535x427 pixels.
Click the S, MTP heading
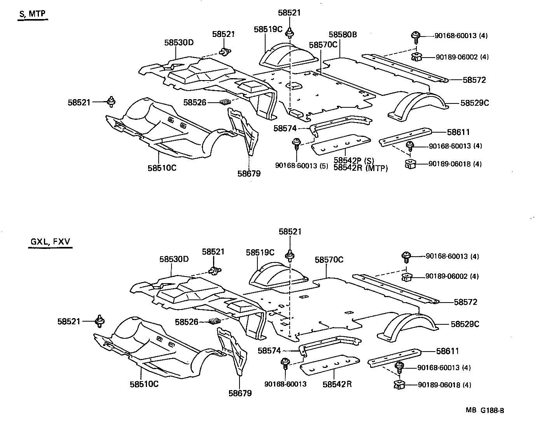(32, 14)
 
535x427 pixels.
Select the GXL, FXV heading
(50, 242)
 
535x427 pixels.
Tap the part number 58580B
(343, 35)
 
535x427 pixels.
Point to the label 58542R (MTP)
(360, 168)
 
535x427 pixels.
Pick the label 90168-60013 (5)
(296, 165)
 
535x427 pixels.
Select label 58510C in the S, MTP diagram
(162, 168)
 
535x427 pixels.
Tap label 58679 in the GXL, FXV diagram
(240, 393)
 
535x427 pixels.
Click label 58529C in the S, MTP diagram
(474, 103)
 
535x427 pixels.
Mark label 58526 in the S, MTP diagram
(195, 102)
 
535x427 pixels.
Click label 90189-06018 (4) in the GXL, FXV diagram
(444, 385)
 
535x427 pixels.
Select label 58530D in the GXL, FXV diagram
(174, 259)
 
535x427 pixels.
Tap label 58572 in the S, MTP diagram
(474, 80)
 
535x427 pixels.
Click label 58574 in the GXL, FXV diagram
(269, 351)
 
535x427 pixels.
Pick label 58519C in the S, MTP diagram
(268, 29)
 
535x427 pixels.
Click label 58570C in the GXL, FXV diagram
(329, 260)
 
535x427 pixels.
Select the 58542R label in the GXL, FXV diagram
(337, 384)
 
